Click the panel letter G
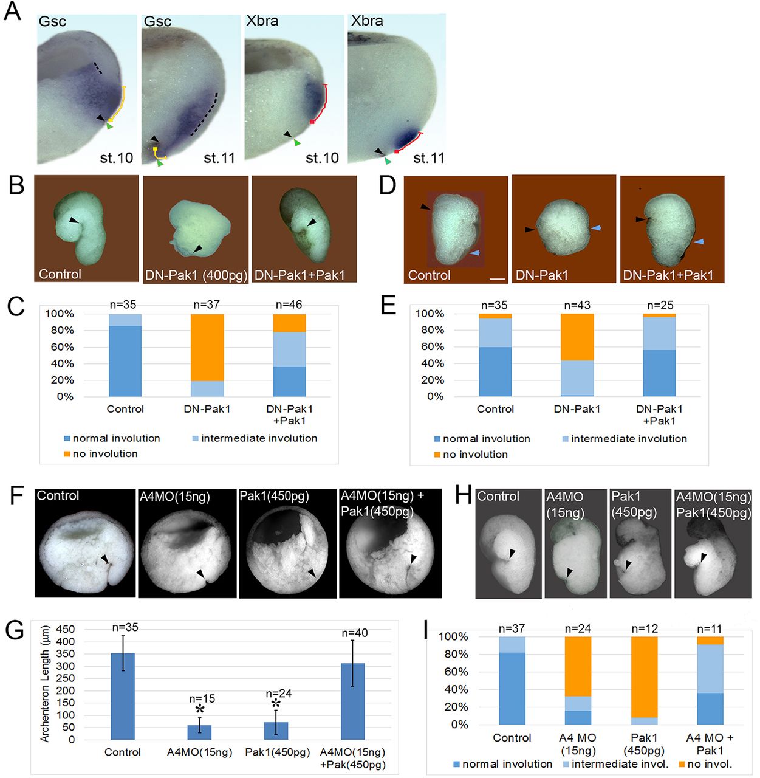[x=14, y=630]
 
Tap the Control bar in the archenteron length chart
[x=122, y=696]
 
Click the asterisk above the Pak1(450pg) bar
[x=276, y=704]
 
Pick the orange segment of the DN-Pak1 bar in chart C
[x=207, y=347]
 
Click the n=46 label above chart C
[x=289, y=304]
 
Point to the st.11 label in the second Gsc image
[x=219, y=158]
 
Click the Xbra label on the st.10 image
[x=262, y=21]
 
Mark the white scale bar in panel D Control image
[x=497, y=279]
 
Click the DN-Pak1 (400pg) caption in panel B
[x=196, y=275]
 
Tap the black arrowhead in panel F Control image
[x=105, y=558]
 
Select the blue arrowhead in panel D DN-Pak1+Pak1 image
[x=700, y=242]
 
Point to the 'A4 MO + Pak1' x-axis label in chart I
[x=709, y=743]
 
